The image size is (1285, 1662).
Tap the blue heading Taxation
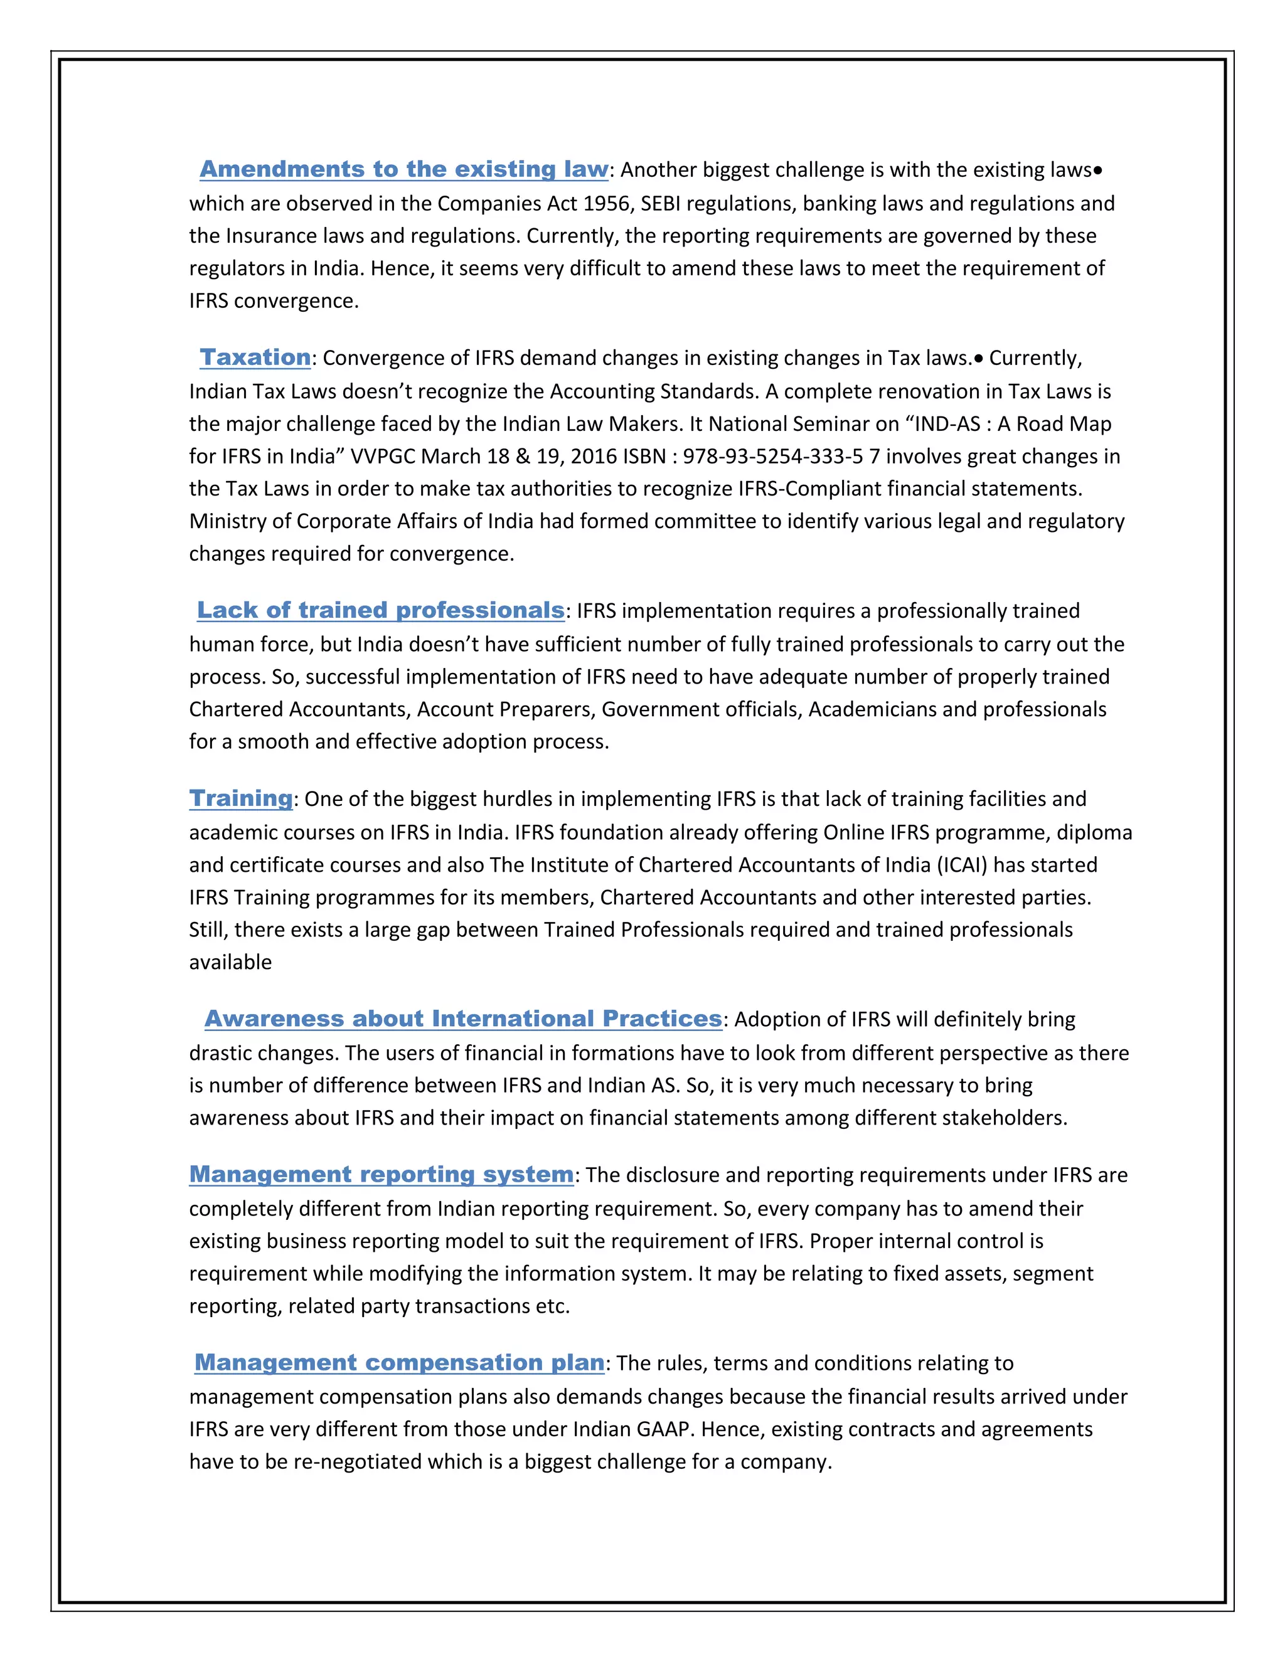(x=255, y=357)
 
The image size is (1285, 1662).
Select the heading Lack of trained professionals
(x=381, y=610)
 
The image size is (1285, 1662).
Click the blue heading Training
(x=240, y=798)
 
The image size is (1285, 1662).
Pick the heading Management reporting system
(x=381, y=1173)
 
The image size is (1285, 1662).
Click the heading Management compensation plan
(x=400, y=1362)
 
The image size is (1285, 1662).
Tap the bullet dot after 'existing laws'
(x=1097, y=171)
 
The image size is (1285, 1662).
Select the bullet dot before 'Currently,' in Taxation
(x=978, y=358)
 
